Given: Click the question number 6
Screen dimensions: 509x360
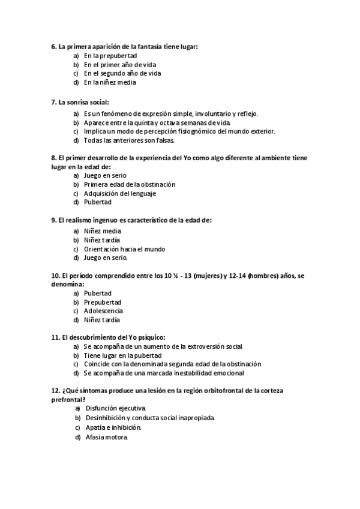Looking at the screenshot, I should tap(53, 46).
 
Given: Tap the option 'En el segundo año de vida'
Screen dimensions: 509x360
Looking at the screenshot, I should tap(122, 73).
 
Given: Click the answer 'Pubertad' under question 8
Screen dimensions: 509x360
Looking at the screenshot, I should tap(97, 202).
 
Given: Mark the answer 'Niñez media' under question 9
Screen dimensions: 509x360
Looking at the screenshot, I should tap(103, 230).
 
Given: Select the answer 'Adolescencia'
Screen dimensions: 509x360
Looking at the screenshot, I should tap(104, 311).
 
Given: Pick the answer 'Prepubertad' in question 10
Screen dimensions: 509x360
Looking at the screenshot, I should tap(103, 302).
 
